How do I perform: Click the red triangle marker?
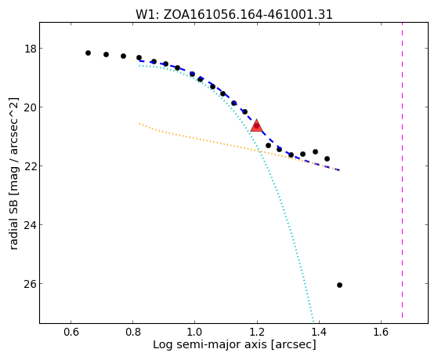(256, 125)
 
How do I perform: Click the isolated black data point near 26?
(340, 285)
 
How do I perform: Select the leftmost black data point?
(88, 53)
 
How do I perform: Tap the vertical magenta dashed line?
(402, 170)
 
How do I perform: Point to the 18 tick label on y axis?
(31, 49)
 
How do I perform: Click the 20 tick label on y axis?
(31, 107)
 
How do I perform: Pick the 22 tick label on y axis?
(31, 166)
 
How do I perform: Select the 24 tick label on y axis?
(31, 225)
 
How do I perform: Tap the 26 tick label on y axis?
(31, 284)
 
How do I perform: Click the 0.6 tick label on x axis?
(71, 332)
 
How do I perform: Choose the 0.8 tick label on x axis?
(133, 332)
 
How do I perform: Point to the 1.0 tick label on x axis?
(194, 332)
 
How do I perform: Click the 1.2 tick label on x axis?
(257, 332)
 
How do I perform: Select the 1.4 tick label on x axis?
(319, 332)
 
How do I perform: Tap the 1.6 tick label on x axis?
(381, 332)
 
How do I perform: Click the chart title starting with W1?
(234, 15)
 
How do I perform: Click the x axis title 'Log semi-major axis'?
(209, 344)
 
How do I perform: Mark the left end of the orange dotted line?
(139, 123)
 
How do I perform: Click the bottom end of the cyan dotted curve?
(313, 322)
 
